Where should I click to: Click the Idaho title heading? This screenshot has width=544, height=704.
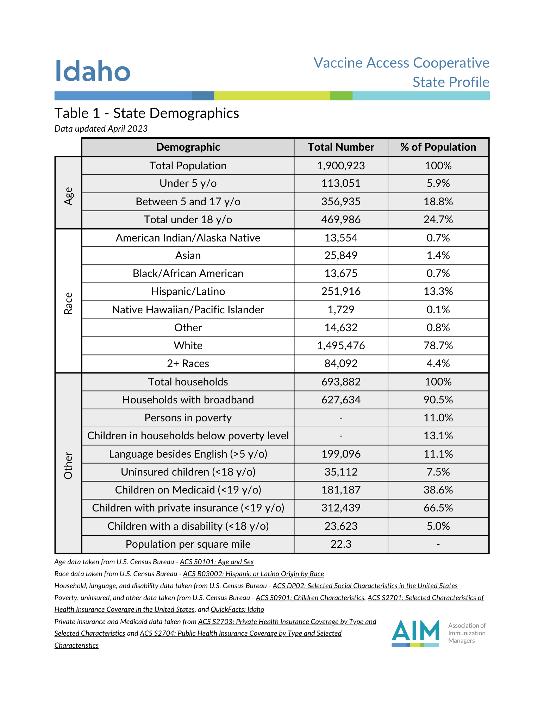pyautogui.click(x=93, y=71)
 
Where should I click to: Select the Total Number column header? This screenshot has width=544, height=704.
pyautogui.click(x=341, y=147)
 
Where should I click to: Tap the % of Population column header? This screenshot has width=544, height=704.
pyautogui.click(x=438, y=147)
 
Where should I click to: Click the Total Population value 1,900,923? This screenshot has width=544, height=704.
pyautogui.click(x=341, y=166)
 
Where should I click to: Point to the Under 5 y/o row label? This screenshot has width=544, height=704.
pyautogui.click(x=188, y=183)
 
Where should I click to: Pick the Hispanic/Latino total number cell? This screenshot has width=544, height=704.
pyautogui.click(x=341, y=291)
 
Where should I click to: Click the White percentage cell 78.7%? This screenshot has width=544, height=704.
pyautogui.click(x=438, y=346)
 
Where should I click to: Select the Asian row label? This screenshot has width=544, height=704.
pyautogui.click(x=188, y=256)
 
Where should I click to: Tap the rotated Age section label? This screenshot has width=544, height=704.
pyautogui.click(x=68, y=196)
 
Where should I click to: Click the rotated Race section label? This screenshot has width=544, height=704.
pyautogui.click(x=68, y=303)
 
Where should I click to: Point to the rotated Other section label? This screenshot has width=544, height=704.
pyautogui.click(x=68, y=466)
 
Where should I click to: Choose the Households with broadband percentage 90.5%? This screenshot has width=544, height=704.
pyautogui.click(x=438, y=400)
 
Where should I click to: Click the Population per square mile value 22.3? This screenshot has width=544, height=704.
pyautogui.click(x=341, y=544)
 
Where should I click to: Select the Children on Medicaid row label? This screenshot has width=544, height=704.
pyautogui.click(x=188, y=490)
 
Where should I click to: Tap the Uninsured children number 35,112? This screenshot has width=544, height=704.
pyautogui.click(x=341, y=472)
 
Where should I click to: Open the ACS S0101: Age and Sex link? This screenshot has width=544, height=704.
pyautogui.click(x=217, y=562)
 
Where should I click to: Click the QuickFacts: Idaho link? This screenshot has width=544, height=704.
pyautogui.click(x=237, y=609)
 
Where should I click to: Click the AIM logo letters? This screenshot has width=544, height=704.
pyautogui.click(x=415, y=631)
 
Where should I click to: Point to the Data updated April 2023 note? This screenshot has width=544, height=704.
pyautogui.click(x=101, y=129)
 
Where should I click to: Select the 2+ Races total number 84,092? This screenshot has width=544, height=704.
pyautogui.click(x=341, y=364)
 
